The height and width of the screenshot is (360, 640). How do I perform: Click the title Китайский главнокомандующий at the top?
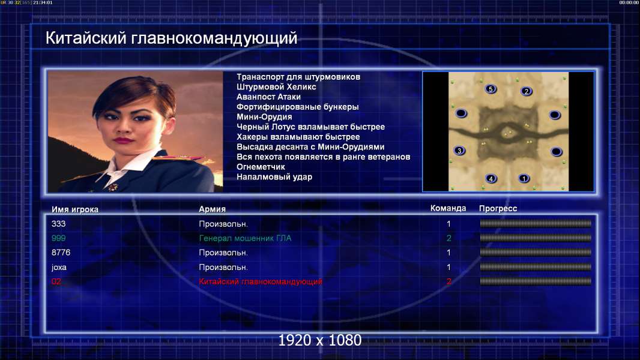171,38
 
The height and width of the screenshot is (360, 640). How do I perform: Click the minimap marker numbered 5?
491,89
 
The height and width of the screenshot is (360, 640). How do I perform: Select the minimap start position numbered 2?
526,91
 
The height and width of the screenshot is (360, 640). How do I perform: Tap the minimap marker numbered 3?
459,151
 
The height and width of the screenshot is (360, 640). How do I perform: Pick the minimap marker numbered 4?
491,178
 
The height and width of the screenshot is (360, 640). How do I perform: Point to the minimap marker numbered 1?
524,178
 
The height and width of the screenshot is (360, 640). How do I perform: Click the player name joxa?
59,268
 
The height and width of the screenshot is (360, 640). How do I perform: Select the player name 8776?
61,253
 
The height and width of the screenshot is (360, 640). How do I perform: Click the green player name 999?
58,238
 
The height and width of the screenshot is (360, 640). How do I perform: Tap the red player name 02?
56,281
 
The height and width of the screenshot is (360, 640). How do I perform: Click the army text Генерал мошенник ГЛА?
245,238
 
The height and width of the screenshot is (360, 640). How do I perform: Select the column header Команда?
448,208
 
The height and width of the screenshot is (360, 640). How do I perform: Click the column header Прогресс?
498,208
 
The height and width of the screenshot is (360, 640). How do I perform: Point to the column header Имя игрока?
74,209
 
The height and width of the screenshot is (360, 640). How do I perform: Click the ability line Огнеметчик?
261,167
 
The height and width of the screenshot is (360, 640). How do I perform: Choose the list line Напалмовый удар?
274,177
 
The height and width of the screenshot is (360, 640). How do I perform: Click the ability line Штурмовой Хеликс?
276,87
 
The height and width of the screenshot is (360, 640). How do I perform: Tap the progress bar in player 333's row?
535,223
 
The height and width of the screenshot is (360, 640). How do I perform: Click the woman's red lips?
123,140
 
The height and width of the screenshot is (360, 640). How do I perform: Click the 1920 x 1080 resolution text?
319,340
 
